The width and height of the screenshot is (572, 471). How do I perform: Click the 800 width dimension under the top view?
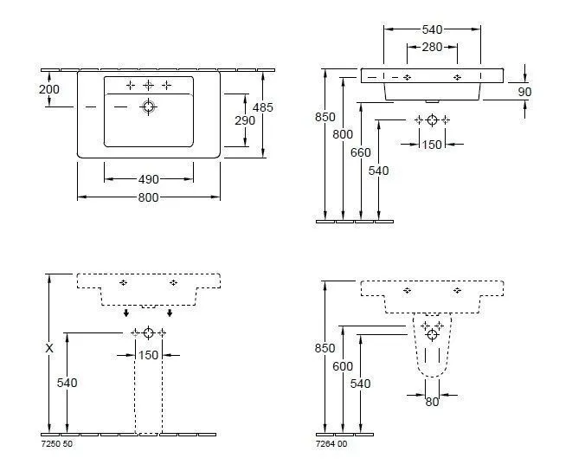point(149,197)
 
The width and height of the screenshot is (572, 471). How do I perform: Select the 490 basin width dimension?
point(149,179)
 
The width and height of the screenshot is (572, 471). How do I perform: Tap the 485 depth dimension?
point(263,107)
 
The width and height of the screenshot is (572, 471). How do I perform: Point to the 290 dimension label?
point(245,120)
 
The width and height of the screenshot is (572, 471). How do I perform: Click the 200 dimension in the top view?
point(49,89)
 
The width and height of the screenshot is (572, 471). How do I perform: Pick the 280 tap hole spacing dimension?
point(432,47)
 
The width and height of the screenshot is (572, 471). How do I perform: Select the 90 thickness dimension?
point(524,92)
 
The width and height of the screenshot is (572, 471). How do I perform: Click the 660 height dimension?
point(360,152)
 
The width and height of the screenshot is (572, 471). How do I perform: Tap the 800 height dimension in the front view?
point(343,134)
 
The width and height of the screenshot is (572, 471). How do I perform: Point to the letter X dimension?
point(49,348)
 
